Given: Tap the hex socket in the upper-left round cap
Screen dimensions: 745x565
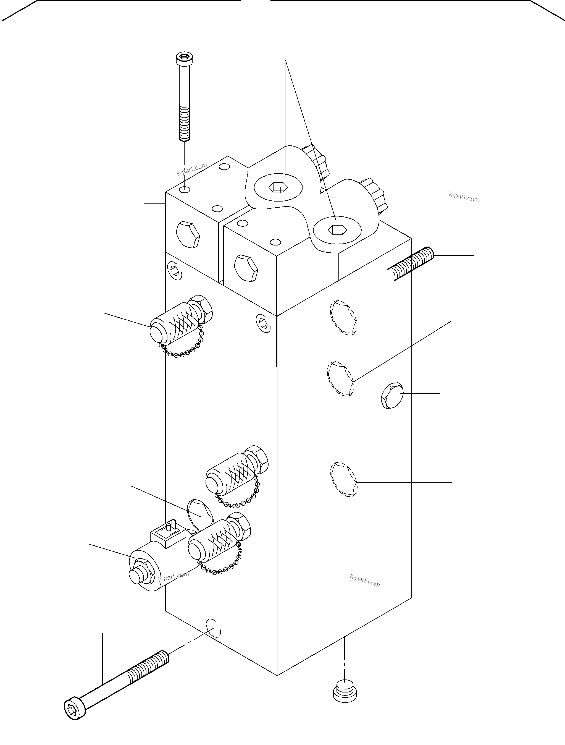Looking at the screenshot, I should pyautogui.click(x=278, y=187).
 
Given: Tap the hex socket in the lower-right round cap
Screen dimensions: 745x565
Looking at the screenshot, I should pyautogui.click(x=337, y=230).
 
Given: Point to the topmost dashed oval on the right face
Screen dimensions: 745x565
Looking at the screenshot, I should pyautogui.click(x=343, y=318).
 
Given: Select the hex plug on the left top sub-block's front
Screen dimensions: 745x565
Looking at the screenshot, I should pyautogui.click(x=188, y=234).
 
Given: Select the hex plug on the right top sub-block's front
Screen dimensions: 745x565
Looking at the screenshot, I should pyautogui.click(x=246, y=268).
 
